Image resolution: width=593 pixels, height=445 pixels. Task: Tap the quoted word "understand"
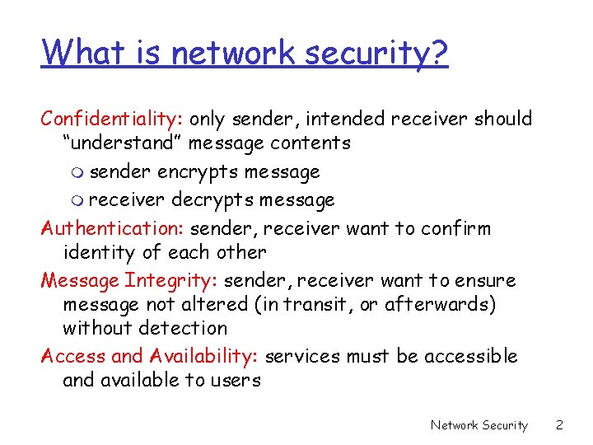123,143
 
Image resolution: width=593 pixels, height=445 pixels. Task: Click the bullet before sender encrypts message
77,174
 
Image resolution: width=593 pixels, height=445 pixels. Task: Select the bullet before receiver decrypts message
77,200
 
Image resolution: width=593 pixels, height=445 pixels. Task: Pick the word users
239,380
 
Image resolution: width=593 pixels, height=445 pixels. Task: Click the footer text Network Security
479,425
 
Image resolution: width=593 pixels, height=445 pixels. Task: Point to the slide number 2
559,425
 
